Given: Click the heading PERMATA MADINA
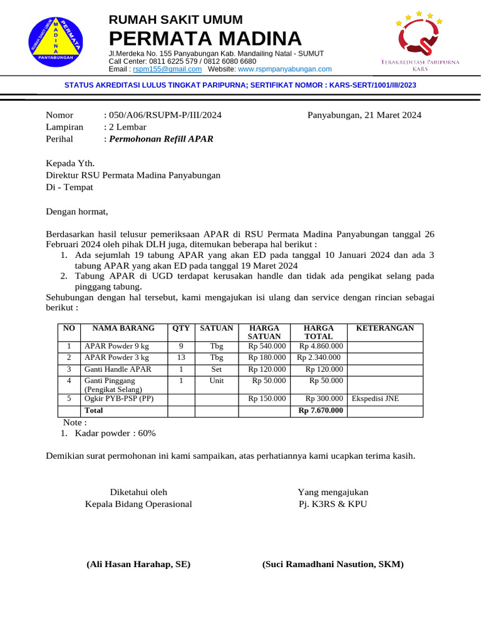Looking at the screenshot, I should [x=205, y=38].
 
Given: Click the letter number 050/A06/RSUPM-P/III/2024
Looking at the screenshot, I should [x=165, y=115].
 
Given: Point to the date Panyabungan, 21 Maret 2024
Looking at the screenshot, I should [x=364, y=115].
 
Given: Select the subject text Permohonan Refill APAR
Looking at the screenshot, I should [x=161, y=139].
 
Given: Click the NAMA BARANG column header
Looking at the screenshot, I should [x=123, y=329].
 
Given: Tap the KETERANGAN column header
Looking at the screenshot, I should [x=385, y=329].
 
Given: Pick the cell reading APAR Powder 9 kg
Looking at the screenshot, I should [x=117, y=346].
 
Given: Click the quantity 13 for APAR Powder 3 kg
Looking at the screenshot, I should [x=181, y=357].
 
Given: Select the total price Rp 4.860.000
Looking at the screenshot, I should [x=321, y=346].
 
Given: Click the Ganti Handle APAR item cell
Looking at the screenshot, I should [x=118, y=369].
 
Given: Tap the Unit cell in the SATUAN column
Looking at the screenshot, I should [x=217, y=381].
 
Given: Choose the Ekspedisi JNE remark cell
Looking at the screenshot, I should [x=375, y=399].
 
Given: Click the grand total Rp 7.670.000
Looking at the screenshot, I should [x=321, y=411].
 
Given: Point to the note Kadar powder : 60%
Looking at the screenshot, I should [x=115, y=433].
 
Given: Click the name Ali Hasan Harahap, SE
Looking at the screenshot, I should [x=138, y=564].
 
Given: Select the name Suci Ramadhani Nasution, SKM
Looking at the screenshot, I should [x=333, y=564].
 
